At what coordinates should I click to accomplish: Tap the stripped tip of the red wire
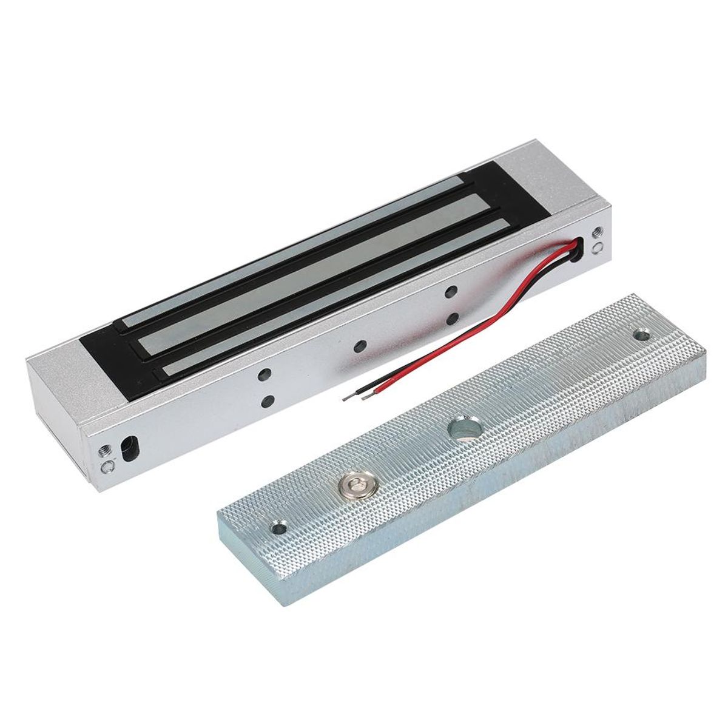[366, 397]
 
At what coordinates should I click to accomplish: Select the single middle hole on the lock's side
[360, 346]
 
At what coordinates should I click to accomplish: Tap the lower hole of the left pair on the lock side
[267, 401]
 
